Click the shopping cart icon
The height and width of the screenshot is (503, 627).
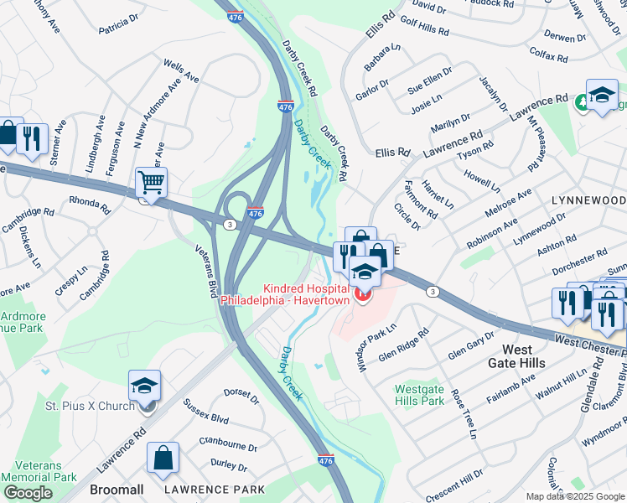[x=151, y=181]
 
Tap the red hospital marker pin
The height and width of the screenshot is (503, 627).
[x=362, y=294]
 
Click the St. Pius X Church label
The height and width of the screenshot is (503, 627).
[x=90, y=407]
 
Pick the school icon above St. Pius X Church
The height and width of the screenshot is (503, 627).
[x=144, y=386]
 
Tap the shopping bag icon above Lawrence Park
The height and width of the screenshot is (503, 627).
[x=163, y=458]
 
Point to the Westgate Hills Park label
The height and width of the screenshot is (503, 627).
[x=418, y=395]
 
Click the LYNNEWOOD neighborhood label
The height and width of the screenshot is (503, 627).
[x=588, y=201]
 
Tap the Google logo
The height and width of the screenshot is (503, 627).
[x=28, y=493]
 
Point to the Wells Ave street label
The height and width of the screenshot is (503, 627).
[x=181, y=70]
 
